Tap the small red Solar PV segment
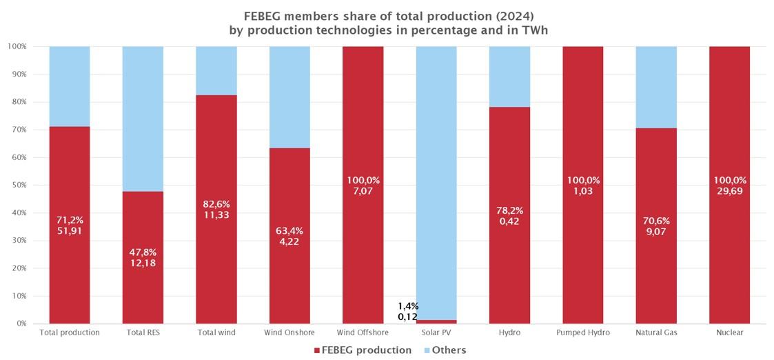[436, 321]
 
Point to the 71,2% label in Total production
[70, 220]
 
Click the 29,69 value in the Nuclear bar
[729, 191]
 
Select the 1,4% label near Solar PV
[408, 306]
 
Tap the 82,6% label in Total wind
[216, 204]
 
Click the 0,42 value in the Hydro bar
[509, 221]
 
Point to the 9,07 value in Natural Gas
[656, 232]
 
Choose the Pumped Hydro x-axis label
[582, 332]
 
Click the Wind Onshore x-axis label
[289, 332]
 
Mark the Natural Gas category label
[656, 332]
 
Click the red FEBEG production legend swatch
[317, 350]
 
